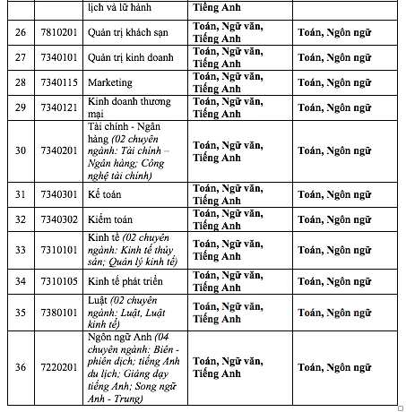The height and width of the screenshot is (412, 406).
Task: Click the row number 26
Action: click(x=20, y=35)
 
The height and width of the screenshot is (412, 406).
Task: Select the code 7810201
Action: click(x=57, y=35)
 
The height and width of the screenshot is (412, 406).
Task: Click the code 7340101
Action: click(x=57, y=59)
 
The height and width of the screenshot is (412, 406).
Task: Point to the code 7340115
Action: click(x=57, y=83)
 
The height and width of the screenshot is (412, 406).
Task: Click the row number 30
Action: click(x=20, y=150)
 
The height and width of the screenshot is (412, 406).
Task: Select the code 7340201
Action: click(x=57, y=150)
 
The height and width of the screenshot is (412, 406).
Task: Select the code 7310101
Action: click(x=57, y=249)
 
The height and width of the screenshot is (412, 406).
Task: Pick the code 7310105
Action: click(x=57, y=280)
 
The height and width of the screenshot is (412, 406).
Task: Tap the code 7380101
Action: click(x=57, y=312)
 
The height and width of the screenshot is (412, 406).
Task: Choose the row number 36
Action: click(x=20, y=367)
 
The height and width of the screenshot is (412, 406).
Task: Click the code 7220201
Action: click(x=57, y=367)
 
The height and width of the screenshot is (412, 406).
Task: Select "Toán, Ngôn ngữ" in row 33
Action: click(x=340, y=249)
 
